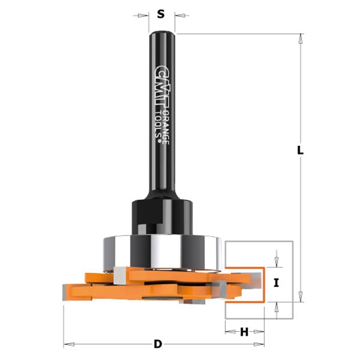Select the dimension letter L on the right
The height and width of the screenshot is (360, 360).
tap(300, 150)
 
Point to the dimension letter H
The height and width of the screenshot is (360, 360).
tap(244, 332)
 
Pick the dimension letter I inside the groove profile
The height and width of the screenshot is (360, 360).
tap(276, 283)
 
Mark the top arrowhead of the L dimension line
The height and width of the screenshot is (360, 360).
tap(300, 39)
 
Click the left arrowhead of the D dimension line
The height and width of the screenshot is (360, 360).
tap(68, 344)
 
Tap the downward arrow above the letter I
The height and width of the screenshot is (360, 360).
tap(276, 263)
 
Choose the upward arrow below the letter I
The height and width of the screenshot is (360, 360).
tap(276, 305)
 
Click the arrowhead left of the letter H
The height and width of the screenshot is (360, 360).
tap(228, 332)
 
